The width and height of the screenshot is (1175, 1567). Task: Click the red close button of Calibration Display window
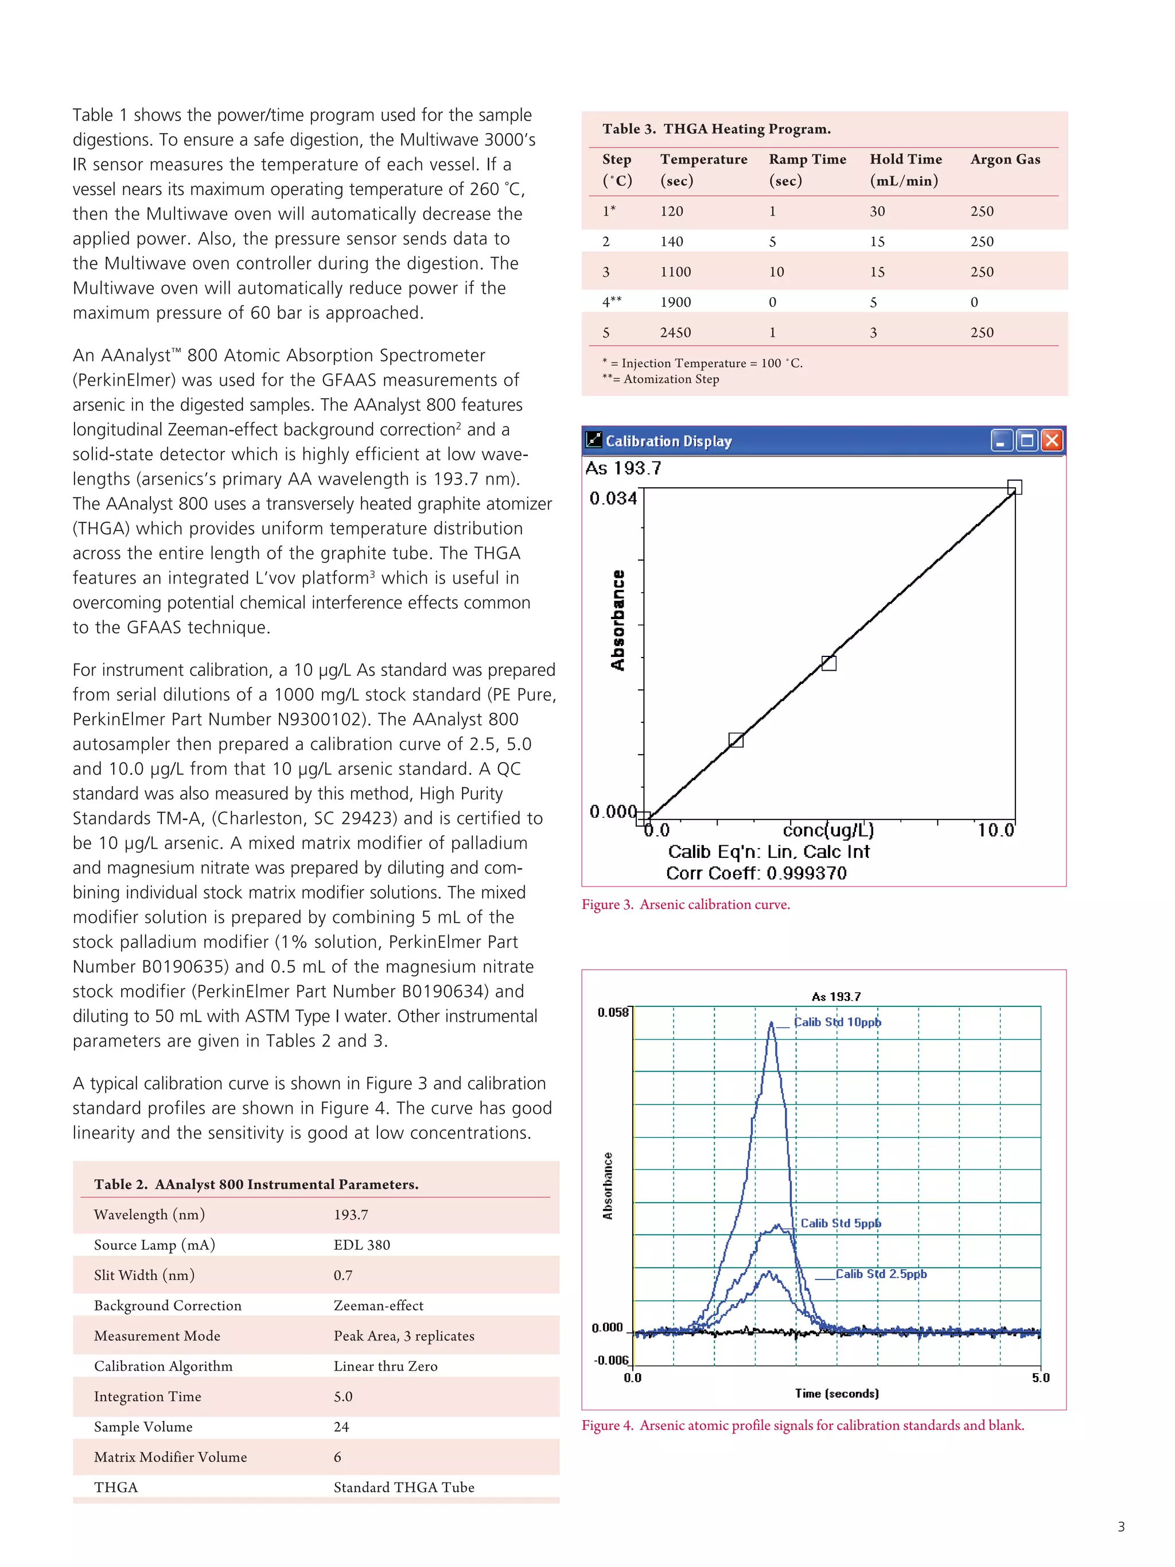[x=1052, y=441]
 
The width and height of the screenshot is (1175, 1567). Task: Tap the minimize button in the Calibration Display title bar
[x=1001, y=441]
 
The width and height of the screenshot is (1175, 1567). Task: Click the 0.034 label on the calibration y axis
[x=613, y=499]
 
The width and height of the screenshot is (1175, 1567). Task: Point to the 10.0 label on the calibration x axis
[x=995, y=830]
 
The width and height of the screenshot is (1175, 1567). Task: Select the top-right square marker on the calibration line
[x=1014, y=487]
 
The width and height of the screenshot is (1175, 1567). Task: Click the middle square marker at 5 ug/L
[x=828, y=663]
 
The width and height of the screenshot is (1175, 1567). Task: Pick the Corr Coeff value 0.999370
[x=806, y=873]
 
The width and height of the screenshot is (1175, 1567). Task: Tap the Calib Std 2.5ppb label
[x=881, y=1274]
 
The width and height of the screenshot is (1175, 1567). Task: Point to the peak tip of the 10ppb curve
[x=771, y=1022]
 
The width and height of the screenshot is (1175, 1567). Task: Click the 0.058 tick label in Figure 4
[x=613, y=1012]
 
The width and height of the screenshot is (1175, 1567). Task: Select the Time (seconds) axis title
[x=836, y=1394]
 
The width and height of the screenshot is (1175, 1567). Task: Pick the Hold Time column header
[x=905, y=160]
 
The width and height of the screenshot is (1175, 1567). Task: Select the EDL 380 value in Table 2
[x=362, y=1245]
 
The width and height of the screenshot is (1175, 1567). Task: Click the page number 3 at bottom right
[x=1120, y=1527]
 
